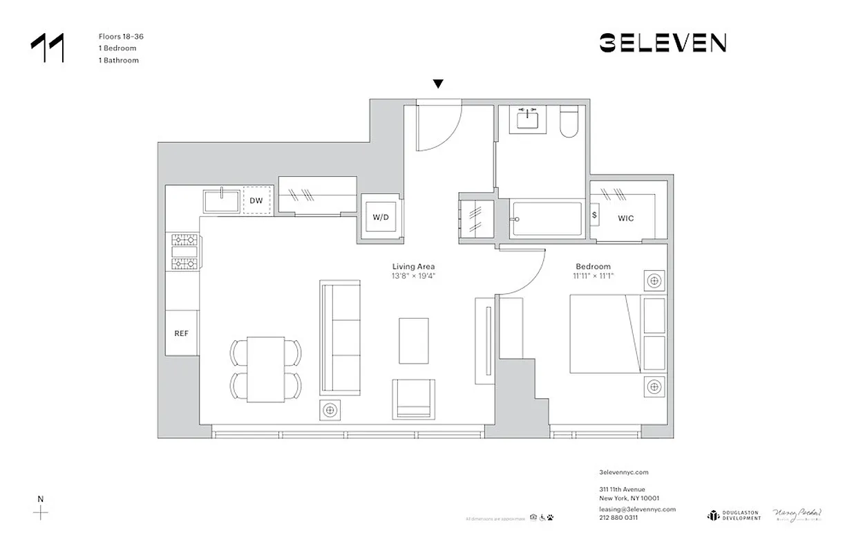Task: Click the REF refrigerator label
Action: (181, 333)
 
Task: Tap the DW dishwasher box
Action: (256, 201)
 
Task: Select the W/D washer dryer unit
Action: (381, 217)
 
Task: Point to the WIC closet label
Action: (626, 218)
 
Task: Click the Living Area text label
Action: (413, 267)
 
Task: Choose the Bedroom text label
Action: (594, 267)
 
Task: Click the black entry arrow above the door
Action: (437, 84)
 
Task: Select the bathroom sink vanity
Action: (530, 120)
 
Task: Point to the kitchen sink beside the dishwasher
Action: (221, 202)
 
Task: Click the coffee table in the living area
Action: (413, 340)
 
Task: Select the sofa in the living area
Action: (341, 337)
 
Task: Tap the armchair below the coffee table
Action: (414, 399)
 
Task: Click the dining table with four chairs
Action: (266, 369)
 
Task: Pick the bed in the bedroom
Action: (608, 334)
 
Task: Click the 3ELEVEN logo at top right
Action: (662, 43)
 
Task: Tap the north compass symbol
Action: (41, 512)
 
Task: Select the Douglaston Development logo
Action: (734, 515)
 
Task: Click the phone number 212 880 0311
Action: (618, 517)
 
